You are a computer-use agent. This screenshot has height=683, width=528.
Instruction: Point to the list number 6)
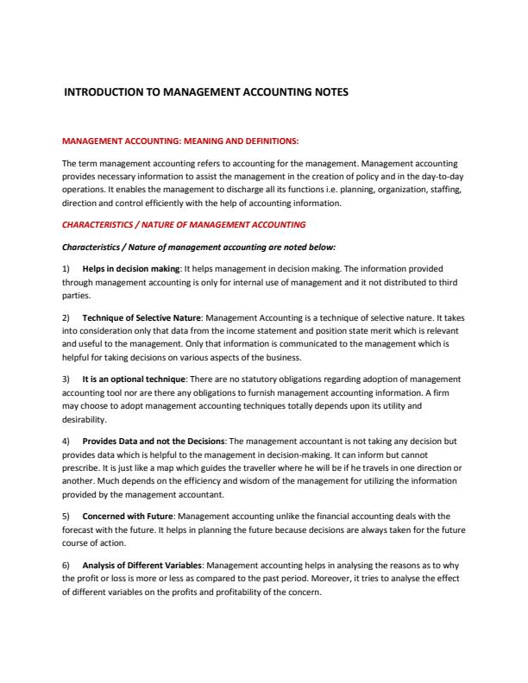click(69, 563)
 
